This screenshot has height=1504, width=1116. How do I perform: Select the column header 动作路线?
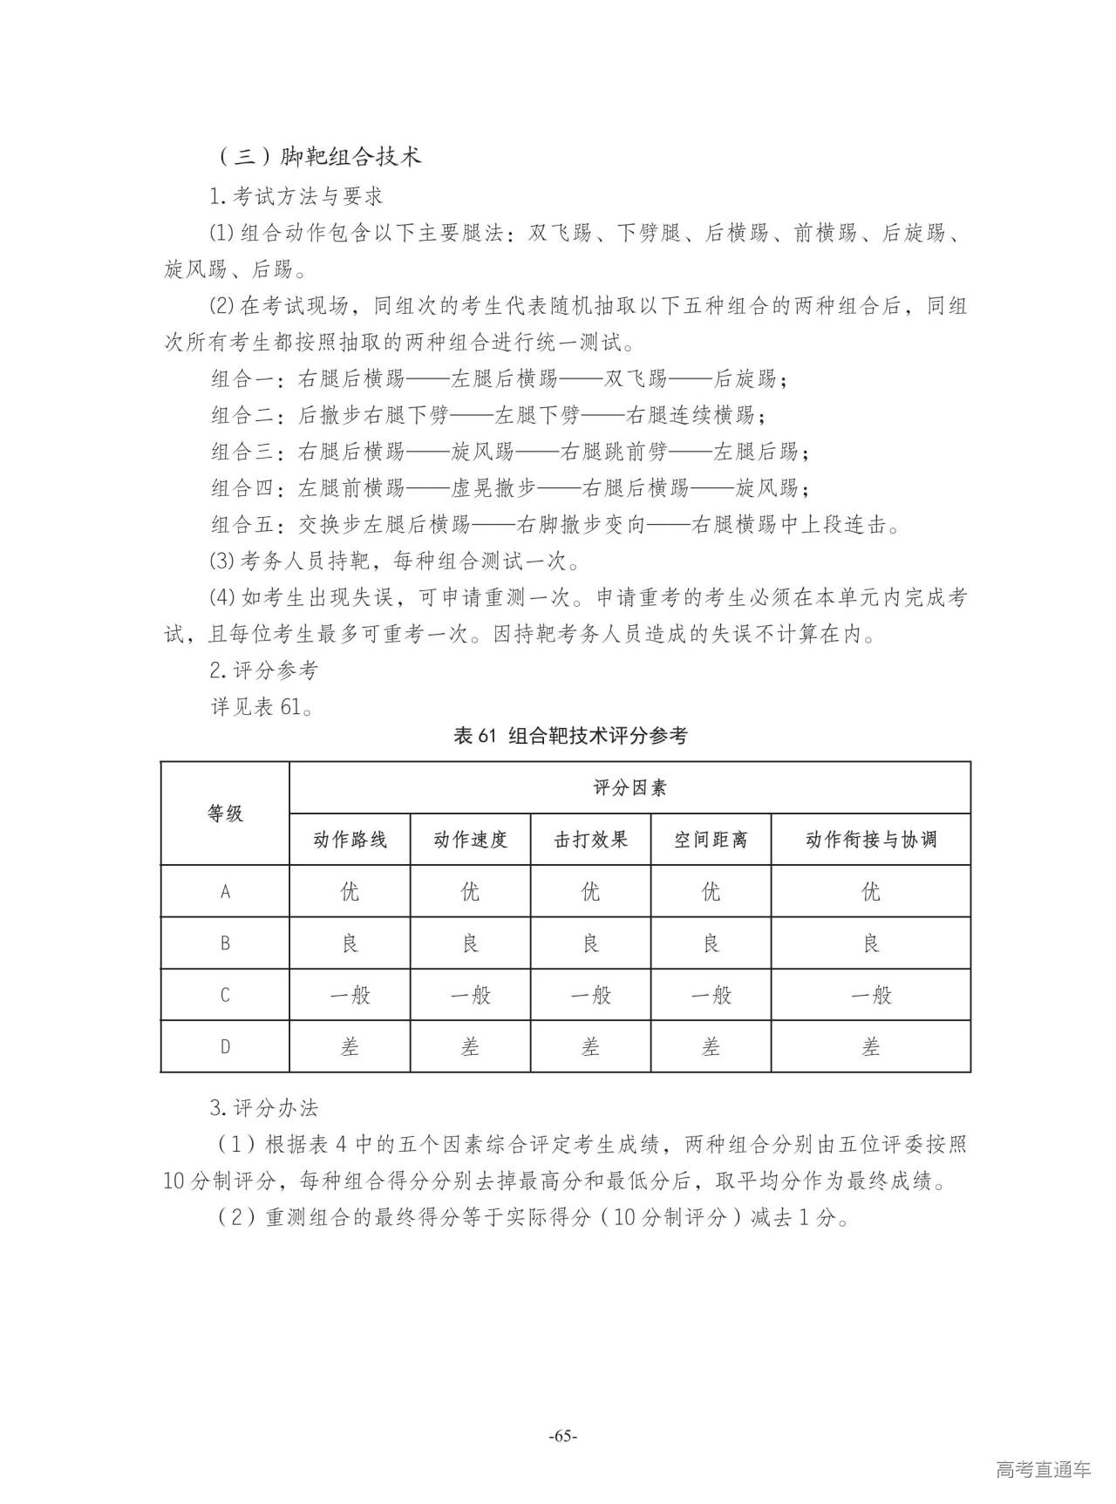350,840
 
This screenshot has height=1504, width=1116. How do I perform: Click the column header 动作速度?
470,840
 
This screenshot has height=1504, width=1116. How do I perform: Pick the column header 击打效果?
590,840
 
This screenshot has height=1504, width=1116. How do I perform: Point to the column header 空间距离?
711,840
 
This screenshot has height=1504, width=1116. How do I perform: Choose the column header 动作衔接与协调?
870,840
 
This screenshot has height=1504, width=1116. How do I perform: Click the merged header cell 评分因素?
629,788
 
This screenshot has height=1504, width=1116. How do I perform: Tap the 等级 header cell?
225,813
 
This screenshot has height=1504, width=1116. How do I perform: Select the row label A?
225,892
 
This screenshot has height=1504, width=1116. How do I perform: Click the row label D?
225,1046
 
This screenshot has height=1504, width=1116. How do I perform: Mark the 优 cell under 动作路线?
350,892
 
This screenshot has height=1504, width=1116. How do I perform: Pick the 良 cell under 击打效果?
590,943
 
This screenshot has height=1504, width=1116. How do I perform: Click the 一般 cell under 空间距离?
711,995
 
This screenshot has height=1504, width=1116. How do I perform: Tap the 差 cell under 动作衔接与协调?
870,1046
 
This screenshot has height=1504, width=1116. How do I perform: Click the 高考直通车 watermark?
1043,1469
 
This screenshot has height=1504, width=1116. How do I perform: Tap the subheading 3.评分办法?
264,1109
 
